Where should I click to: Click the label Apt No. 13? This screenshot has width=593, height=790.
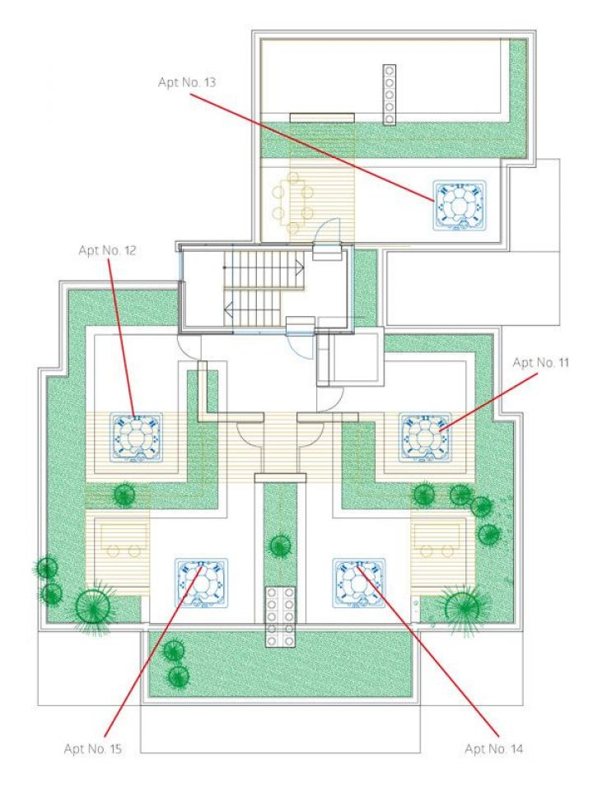coord(186,82)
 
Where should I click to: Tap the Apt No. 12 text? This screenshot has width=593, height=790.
coord(107,249)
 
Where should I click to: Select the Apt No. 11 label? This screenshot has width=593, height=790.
coord(541,362)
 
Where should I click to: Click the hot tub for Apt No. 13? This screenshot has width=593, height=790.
coord(460,204)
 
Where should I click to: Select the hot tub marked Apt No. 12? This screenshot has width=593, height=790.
coord(137,436)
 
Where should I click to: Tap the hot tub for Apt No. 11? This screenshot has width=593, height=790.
coord(425,436)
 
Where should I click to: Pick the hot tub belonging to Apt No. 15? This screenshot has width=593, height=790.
coord(199,583)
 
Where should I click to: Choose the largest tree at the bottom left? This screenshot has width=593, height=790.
coord(93,606)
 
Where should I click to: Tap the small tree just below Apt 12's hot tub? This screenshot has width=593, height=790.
coord(124,495)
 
